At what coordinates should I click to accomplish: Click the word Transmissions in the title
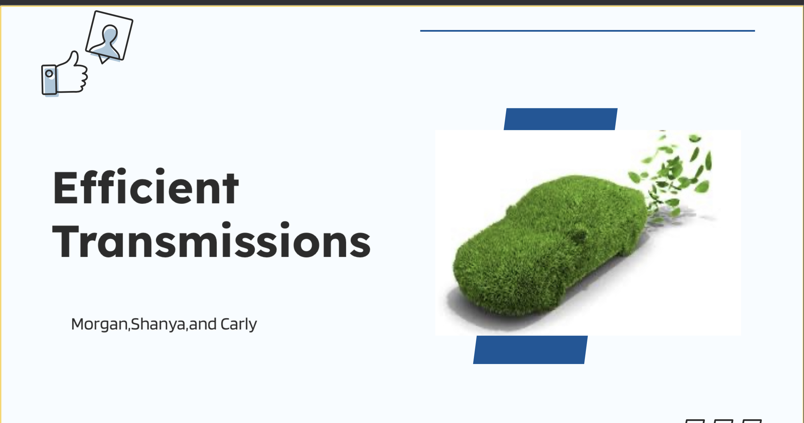(211, 240)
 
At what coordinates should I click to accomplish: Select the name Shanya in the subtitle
(158, 324)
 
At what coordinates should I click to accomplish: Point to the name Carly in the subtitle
(238, 324)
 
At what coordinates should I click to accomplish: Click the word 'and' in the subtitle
(203, 324)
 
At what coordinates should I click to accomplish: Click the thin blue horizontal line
(587, 31)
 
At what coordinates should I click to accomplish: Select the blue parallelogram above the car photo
(560, 119)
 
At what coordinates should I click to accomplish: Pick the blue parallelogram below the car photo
(530, 350)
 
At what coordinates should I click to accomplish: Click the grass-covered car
(548, 245)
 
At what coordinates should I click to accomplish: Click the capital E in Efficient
(67, 188)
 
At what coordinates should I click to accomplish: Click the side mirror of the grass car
(579, 235)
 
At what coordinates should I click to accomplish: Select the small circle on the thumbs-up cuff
(49, 73)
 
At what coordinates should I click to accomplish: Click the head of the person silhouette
(110, 33)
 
